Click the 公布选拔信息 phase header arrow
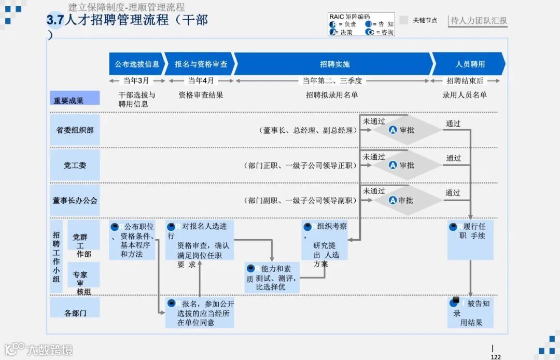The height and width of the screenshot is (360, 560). [x=137, y=64]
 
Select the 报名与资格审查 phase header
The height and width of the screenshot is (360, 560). [x=201, y=64]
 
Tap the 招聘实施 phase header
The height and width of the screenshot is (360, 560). [x=334, y=64]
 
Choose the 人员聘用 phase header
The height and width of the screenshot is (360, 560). [x=470, y=64]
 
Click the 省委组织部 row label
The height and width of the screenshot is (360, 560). [x=75, y=130]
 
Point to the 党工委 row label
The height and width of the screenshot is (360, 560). [x=75, y=165]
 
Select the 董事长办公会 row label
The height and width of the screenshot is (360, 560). [x=75, y=200]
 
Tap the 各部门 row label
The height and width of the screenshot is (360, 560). [x=75, y=313]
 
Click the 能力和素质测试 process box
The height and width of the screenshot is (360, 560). [x=272, y=278]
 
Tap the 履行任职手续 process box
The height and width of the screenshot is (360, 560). [x=470, y=240]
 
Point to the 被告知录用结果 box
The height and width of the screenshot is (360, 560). [x=470, y=312]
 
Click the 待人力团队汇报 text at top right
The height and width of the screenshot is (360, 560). [x=479, y=21]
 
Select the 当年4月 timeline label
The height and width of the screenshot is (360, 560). [x=201, y=81]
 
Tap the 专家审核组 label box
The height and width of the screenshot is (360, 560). [x=83, y=283]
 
